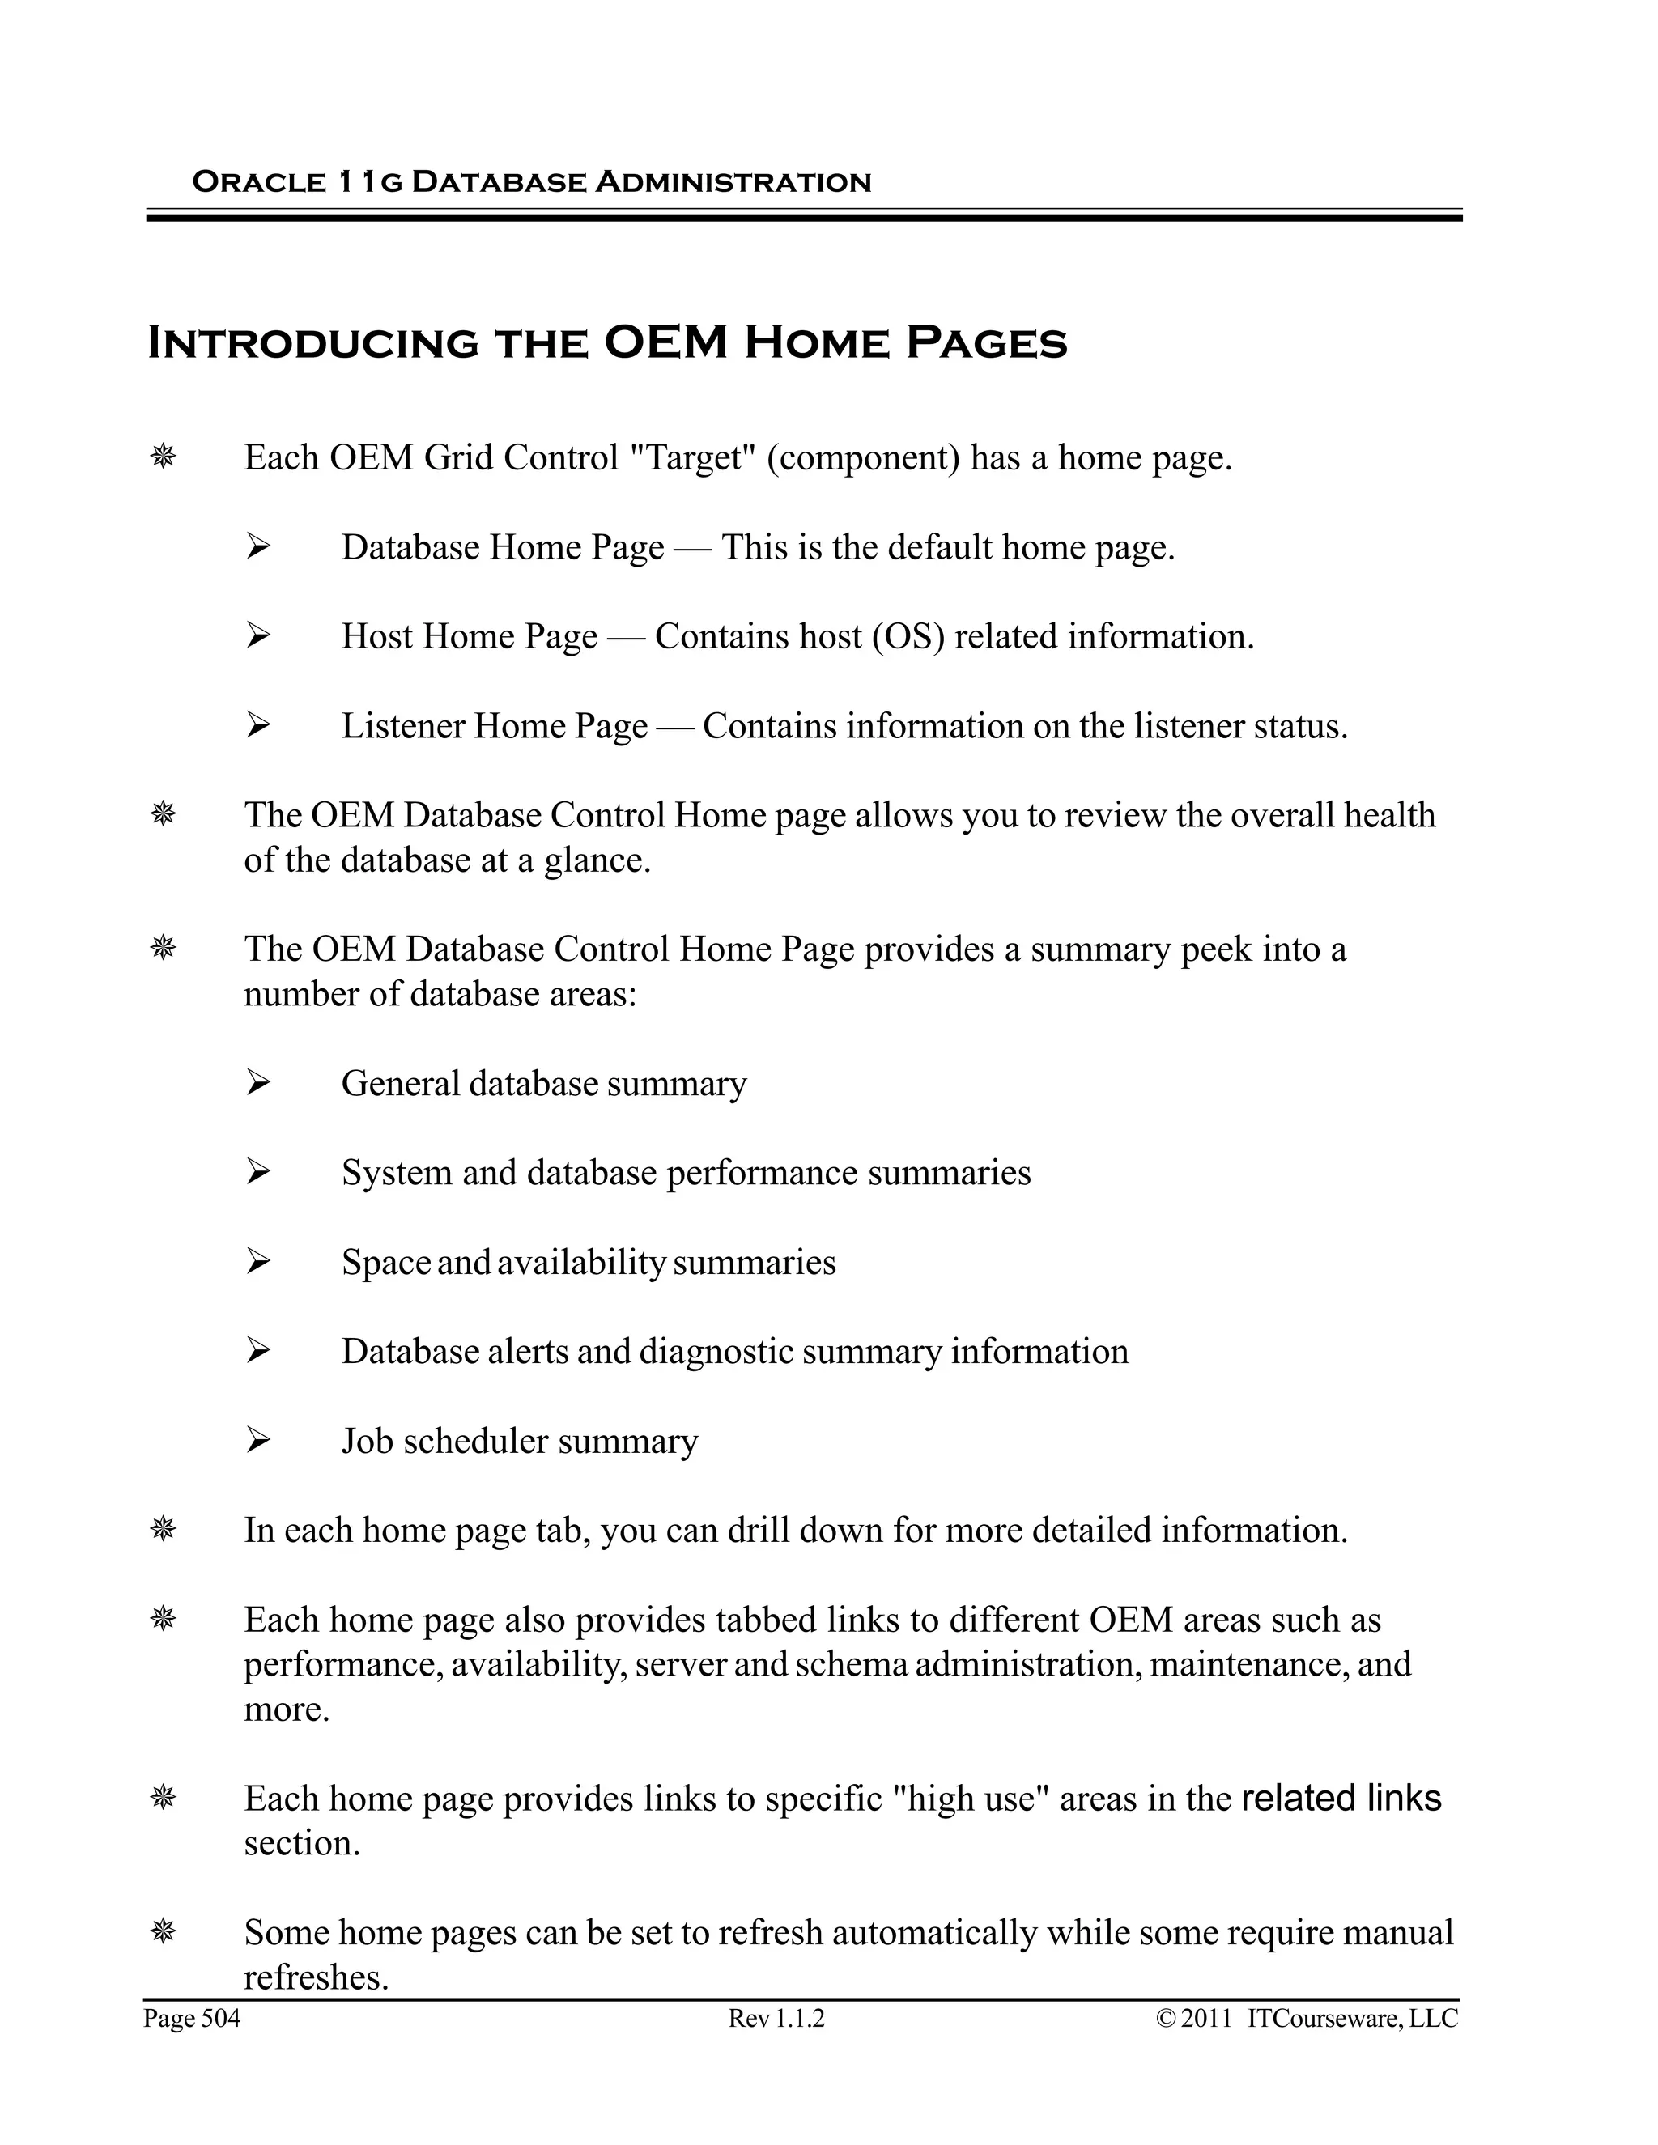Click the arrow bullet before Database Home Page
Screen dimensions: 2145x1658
click(x=258, y=546)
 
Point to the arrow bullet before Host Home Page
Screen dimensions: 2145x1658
click(x=258, y=635)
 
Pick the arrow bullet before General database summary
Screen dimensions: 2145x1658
click(x=258, y=1082)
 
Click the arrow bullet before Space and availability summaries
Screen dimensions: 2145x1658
click(x=258, y=1261)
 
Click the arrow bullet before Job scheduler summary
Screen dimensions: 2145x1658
click(x=258, y=1440)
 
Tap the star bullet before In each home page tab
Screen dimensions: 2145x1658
click(x=163, y=1529)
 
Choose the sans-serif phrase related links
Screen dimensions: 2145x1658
click(x=1341, y=1797)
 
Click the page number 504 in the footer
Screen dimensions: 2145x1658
click(x=221, y=2020)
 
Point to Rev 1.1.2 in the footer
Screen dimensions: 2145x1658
click(x=776, y=2020)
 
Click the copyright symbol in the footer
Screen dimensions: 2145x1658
click(x=1166, y=2020)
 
